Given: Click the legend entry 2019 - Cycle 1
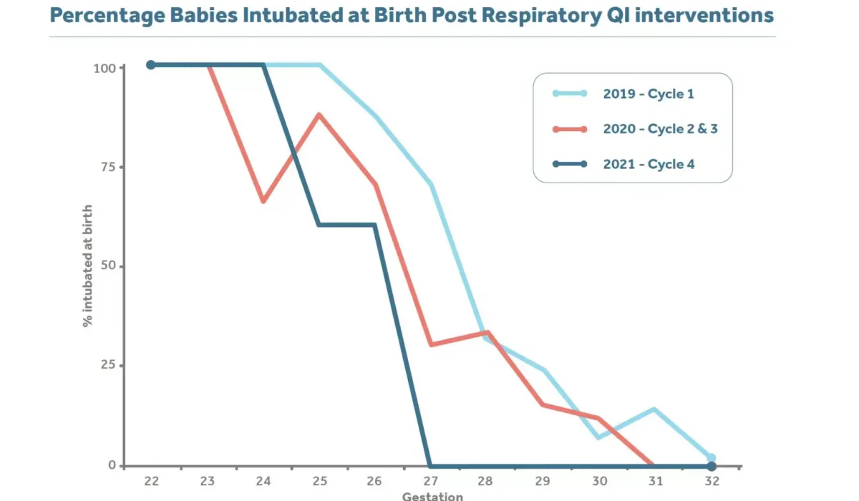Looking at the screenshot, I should pyautogui.click(x=648, y=93).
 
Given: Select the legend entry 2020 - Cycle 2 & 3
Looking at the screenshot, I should pyautogui.click(x=659, y=129).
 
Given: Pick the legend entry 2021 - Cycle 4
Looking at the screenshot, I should pyautogui.click(x=648, y=164).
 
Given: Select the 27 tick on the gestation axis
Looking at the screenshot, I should pyautogui.click(x=430, y=480).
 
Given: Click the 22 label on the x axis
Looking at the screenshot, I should pyautogui.click(x=151, y=480).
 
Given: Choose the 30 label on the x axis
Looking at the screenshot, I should pyautogui.click(x=598, y=480).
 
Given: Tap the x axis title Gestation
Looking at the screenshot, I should pyautogui.click(x=432, y=495).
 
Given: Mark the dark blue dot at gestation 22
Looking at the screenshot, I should pyautogui.click(x=151, y=65).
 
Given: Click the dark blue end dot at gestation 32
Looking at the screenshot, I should pyautogui.click(x=710, y=467).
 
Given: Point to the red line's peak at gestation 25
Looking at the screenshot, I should pyautogui.click(x=319, y=115).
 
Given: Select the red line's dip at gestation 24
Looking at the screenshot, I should pyautogui.click(x=263, y=201).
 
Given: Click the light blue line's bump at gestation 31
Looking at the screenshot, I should pyautogui.click(x=654, y=409).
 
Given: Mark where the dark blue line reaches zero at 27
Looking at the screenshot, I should pyautogui.click(x=429, y=466).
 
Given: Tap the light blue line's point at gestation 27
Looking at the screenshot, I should pyautogui.click(x=431, y=184).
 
